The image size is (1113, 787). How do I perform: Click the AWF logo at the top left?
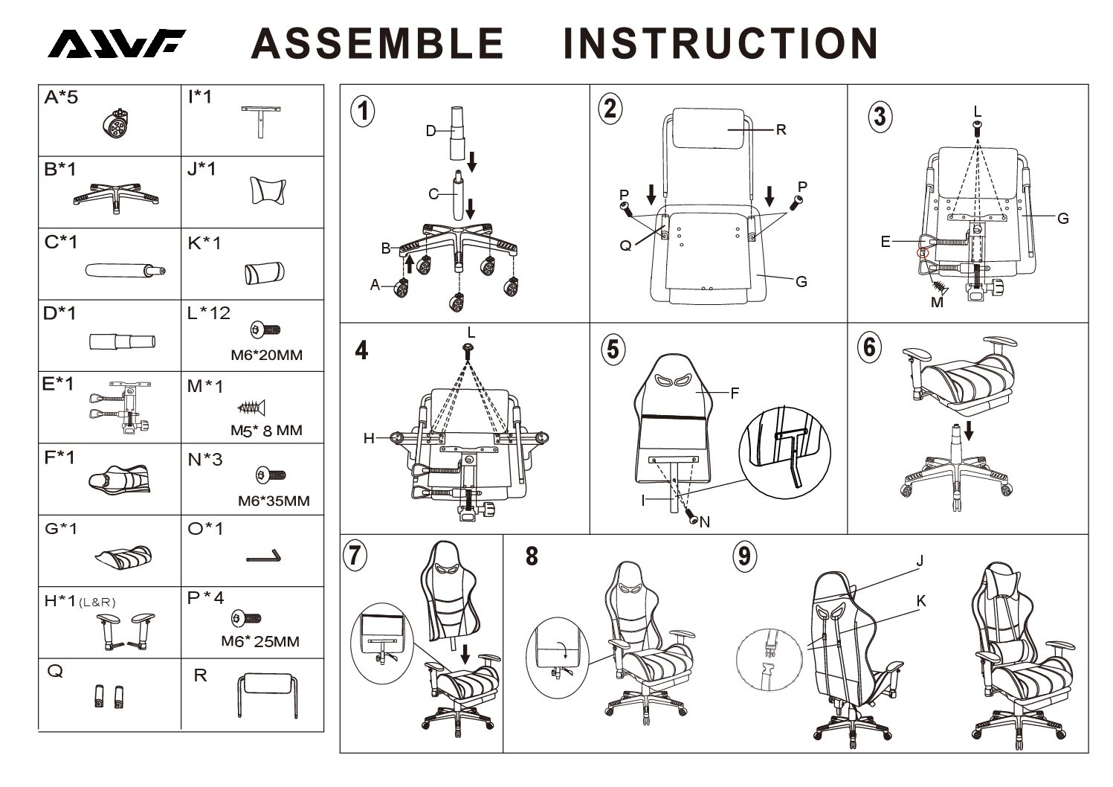tap(117, 44)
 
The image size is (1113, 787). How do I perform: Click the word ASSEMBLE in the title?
tap(378, 44)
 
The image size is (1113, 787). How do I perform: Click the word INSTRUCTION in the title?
tap(721, 44)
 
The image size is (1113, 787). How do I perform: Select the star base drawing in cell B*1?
tap(116, 197)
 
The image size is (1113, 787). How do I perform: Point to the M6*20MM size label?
tap(266, 355)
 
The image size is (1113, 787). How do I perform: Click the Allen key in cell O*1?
tap(264, 556)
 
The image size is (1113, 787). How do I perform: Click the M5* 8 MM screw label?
tap(266, 431)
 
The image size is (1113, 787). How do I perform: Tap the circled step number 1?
tap(363, 111)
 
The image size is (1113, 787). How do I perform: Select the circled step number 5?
tap(613, 350)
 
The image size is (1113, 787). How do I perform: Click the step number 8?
tap(532, 556)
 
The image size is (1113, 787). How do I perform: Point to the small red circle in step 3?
tap(923, 253)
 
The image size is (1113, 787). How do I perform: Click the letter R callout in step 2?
tap(781, 129)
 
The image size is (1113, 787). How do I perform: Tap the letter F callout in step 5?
tap(735, 393)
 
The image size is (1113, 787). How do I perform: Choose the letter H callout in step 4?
tap(369, 438)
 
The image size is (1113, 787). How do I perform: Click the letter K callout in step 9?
tap(921, 601)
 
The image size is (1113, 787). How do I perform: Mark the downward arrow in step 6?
tap(969, 430)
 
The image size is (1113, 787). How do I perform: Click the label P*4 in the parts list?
tap(206, 597)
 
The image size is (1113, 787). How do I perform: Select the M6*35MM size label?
tap(274, 501)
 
